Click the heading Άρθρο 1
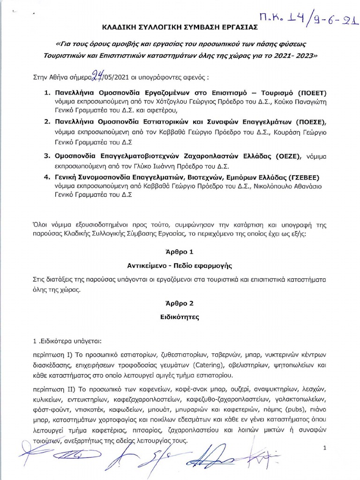tap(180, 252)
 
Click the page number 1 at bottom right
tap(324, 449)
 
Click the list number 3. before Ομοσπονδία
tap(47, 156)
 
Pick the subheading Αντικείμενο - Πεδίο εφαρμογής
tap(180, 265)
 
